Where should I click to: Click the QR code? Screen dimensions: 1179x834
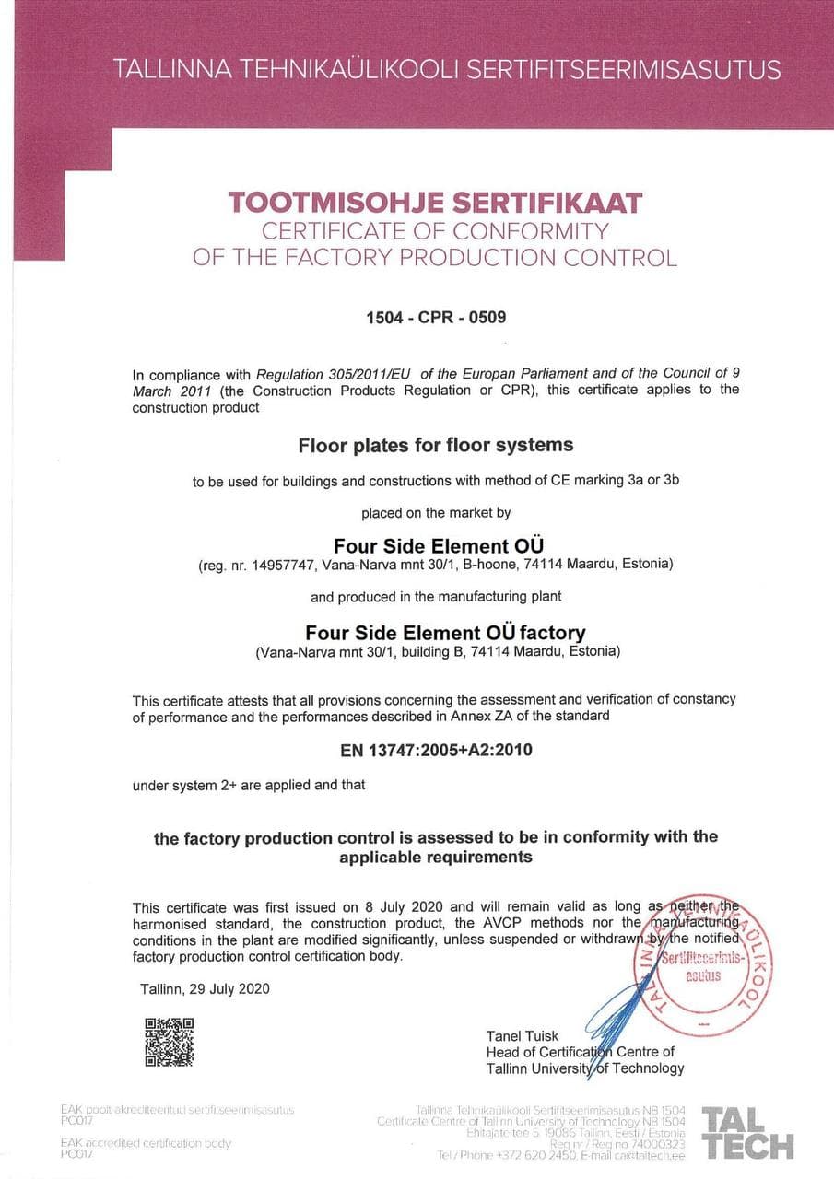pyautogui.click(x=170, y=1041)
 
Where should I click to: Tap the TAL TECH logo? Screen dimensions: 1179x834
pyautogui.click(x=747, y=1133)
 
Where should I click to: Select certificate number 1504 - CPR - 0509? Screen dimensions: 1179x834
pyautogui.click(x=436, y=318)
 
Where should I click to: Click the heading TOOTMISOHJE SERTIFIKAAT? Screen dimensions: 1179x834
pyautogui.click(x=435, y=202)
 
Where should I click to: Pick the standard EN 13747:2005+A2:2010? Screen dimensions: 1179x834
pyautogui.click(x=436, y=750)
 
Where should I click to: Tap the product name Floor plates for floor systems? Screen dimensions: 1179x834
pyautogui.click(x=436, y=446)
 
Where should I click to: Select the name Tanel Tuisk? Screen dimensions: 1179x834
pyautogui.click(x=523, y=1036)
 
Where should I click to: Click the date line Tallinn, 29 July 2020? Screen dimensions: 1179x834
pyautogui.click(x=205, y=989)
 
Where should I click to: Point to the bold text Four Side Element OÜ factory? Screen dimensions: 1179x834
pyautogui.click(x=445, y=633)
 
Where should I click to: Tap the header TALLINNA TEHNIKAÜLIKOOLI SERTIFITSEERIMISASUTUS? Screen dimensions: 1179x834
pyautogui.click(x=447, y=69)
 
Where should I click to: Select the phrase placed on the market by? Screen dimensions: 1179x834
pyautogui.click(x=436, y=512)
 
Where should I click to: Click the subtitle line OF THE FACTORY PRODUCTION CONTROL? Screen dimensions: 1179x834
pyautogui.click(x=435, y=257)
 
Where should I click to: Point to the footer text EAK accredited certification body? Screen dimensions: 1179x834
pyautogui.click(x=146, y=1143)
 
